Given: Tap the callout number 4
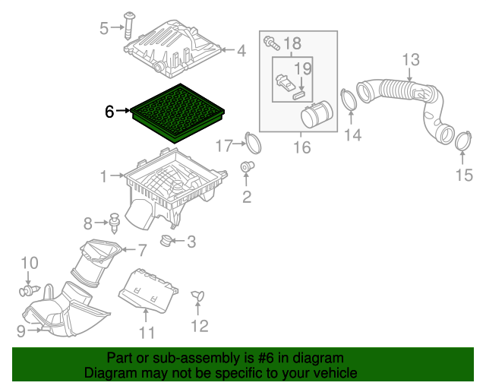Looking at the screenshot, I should [241, 51].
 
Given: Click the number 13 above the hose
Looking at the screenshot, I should [410, 59].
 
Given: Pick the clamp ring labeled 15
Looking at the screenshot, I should [462, 141].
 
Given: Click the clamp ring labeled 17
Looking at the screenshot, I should [251, 142].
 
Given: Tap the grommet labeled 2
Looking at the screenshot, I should [247, 166].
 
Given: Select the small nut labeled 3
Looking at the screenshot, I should [164, 242].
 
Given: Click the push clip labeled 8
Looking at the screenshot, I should [115, 223].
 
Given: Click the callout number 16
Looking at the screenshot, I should [301, 147].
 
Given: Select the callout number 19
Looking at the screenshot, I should [303, 69].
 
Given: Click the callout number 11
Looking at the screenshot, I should [147, 332].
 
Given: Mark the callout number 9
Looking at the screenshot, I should [21, 330].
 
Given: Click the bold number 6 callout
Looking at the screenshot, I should [110, 112].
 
